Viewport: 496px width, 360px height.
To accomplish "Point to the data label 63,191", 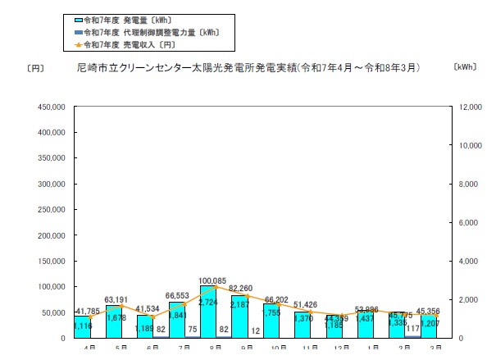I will [x=118, y=299].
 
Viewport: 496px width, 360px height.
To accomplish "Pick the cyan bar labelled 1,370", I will [x=303, y=326].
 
